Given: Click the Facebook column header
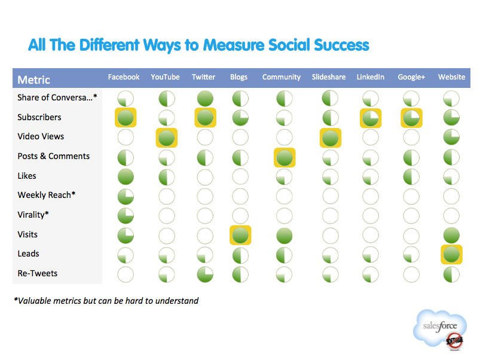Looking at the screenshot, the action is pos(124,77).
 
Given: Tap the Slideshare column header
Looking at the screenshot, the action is pos(329,77).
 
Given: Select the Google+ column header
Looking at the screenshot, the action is pos(411,77).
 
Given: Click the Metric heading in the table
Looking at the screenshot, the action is pos(33,80).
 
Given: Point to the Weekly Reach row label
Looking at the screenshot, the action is pos(46,195).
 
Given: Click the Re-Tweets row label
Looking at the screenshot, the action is pos(37,273).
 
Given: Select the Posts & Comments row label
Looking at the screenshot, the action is pos(54,156).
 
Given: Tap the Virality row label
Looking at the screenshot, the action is pos(33,215).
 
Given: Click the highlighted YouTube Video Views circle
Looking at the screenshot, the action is pos(167,138).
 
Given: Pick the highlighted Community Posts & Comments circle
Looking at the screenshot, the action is pos(285,158).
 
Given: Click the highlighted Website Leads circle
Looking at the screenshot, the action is pos(451,254).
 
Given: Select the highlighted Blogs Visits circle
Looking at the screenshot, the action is pos(240,235).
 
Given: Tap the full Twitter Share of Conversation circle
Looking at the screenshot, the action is pos(205,99).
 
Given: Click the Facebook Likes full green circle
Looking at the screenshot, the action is pos(126,176).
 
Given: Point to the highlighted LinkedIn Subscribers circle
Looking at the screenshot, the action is pos(371,118).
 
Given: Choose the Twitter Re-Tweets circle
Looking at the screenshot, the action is pos(205,274).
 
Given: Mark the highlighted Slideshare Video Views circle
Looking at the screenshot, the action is pos(331,138).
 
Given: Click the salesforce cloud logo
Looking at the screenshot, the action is pos(440,329).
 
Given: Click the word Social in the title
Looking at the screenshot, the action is pos(288,45).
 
